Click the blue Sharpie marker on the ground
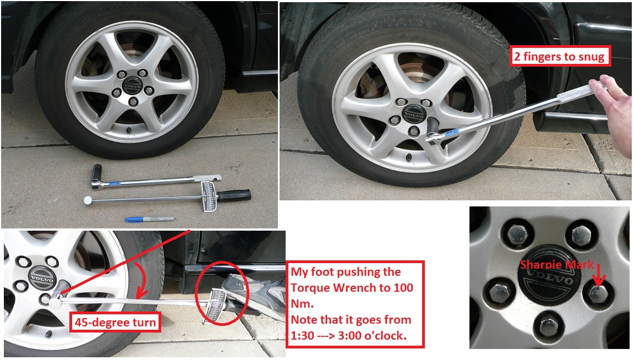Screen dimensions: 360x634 [149, 219]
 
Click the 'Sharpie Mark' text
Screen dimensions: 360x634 [556, 265]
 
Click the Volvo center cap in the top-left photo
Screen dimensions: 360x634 [132, 87]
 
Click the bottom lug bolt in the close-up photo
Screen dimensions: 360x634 [550, 327]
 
